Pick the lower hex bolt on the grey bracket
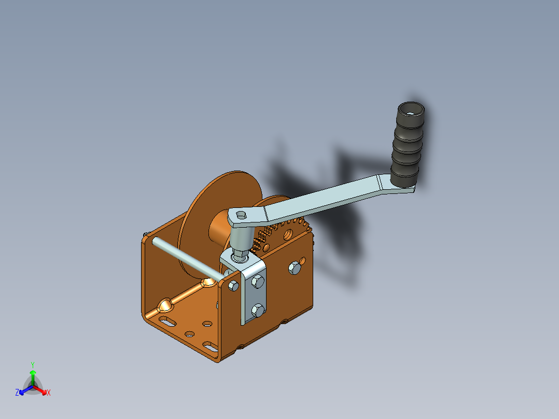[258, 311]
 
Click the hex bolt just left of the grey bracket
[233, 285]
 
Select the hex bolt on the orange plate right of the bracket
[294, 268]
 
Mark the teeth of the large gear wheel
[290, 224]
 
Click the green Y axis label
[32, 365]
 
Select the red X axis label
[49, 393]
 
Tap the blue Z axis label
[17, 393]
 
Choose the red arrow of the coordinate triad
[43, 390]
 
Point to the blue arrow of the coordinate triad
[23, 390]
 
